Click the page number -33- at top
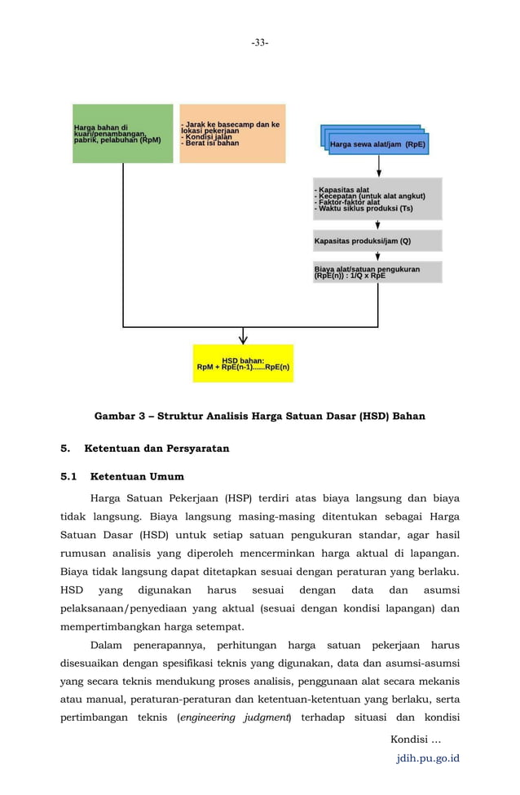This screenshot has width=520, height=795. (259, 42)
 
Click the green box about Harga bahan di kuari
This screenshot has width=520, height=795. (123, 134)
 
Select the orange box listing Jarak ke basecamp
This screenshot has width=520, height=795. (232, 134)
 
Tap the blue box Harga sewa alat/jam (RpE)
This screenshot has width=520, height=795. (377, 145)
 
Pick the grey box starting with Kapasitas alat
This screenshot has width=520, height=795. (377, 199)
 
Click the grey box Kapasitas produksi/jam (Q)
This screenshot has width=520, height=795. (377, 241)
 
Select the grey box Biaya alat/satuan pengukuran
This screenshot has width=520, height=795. (377, 272)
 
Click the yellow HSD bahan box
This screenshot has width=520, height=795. (243, 364)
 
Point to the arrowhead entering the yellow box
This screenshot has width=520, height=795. (243, 338)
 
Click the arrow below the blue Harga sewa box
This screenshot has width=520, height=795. (379, 166)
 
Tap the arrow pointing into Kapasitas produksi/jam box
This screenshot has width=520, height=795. (378, 225)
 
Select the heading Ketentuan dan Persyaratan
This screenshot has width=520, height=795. (156, 448)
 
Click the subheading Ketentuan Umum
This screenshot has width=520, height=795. (137, 476)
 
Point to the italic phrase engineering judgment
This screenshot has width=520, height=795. (235, 718)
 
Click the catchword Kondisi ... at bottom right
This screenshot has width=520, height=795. (416, 740)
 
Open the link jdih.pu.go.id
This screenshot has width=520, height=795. (427, 758)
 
